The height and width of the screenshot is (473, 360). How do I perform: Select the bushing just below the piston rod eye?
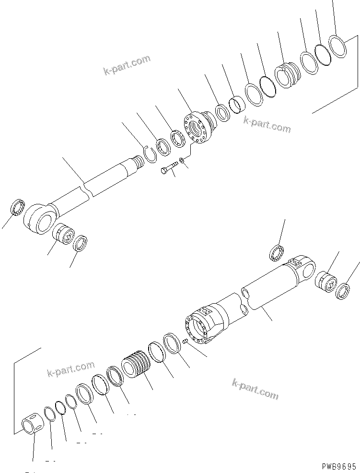click(62, 233)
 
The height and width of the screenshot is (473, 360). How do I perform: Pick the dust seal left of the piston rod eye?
click(17, 208)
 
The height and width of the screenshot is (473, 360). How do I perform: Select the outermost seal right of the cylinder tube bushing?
click(344, 291)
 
